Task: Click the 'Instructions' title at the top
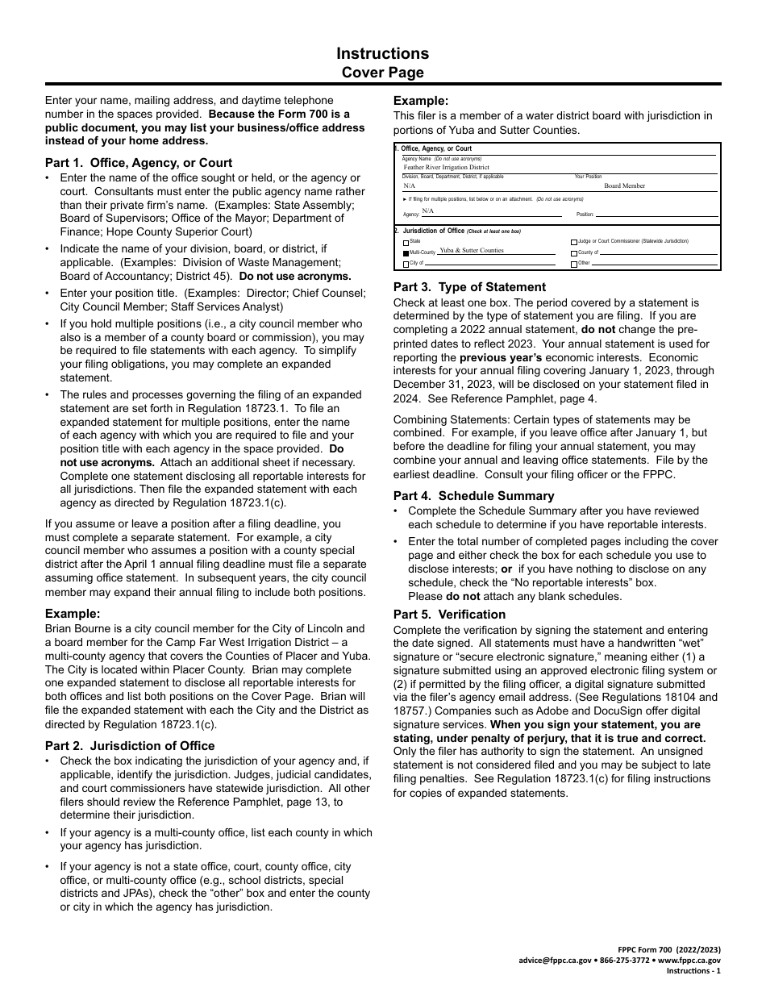coord(382,53)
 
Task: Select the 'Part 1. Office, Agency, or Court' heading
coord(139,162)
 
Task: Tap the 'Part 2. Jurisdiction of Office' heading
coord(130,745)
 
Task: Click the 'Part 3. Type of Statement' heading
coord(469,286)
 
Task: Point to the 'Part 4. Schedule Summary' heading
coord(473,495)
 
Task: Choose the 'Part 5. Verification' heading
coord(449,614)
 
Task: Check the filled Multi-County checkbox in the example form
coord(406,252)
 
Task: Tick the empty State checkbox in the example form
coord(406,242)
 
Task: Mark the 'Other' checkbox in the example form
coord(574,264)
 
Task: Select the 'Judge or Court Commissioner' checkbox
coord(574,242)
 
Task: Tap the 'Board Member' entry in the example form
coord(625,185)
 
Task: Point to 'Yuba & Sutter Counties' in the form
coord(471,251)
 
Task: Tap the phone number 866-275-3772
coord(624,961)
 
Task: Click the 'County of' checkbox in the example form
coord(574,253)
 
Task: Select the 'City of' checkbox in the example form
coord(406,264)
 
